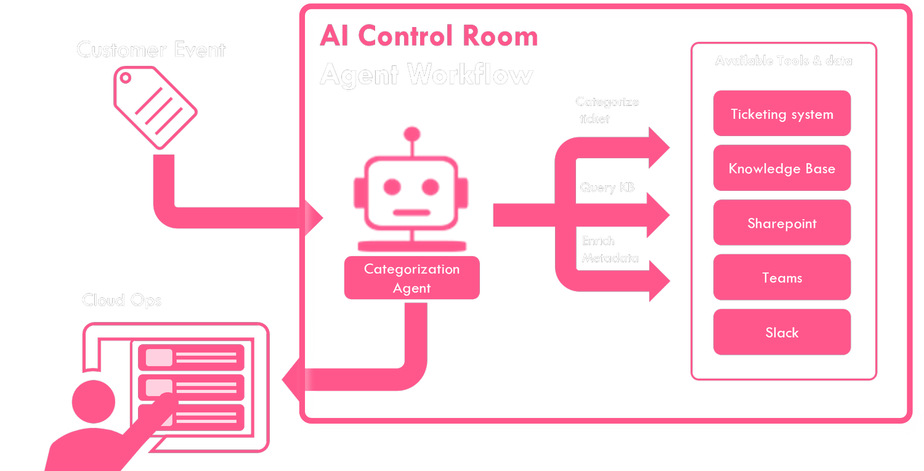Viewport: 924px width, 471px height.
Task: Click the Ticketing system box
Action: point(782,114)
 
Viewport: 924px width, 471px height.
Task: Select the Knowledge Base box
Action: point(782,169)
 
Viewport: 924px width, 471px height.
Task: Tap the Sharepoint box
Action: point(782,223)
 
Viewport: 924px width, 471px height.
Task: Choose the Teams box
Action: point(782,278)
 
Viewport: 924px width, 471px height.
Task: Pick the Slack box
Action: point(782,332)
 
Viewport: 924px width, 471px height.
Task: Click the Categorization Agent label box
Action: point(411,278)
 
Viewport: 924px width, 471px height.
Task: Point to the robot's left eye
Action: point(392,186)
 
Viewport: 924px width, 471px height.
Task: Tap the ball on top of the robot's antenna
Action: point(411,134)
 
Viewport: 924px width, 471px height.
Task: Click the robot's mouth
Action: point(411,213)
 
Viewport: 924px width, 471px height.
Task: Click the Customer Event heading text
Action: point(151,49)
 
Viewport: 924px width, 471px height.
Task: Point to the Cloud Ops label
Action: point(122,300)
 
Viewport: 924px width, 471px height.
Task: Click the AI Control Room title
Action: point(429,36)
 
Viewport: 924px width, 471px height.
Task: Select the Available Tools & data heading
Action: point(784,60)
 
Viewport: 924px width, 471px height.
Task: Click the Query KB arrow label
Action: point(607,187)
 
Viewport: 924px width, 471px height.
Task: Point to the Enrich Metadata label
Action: point(609,249)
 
